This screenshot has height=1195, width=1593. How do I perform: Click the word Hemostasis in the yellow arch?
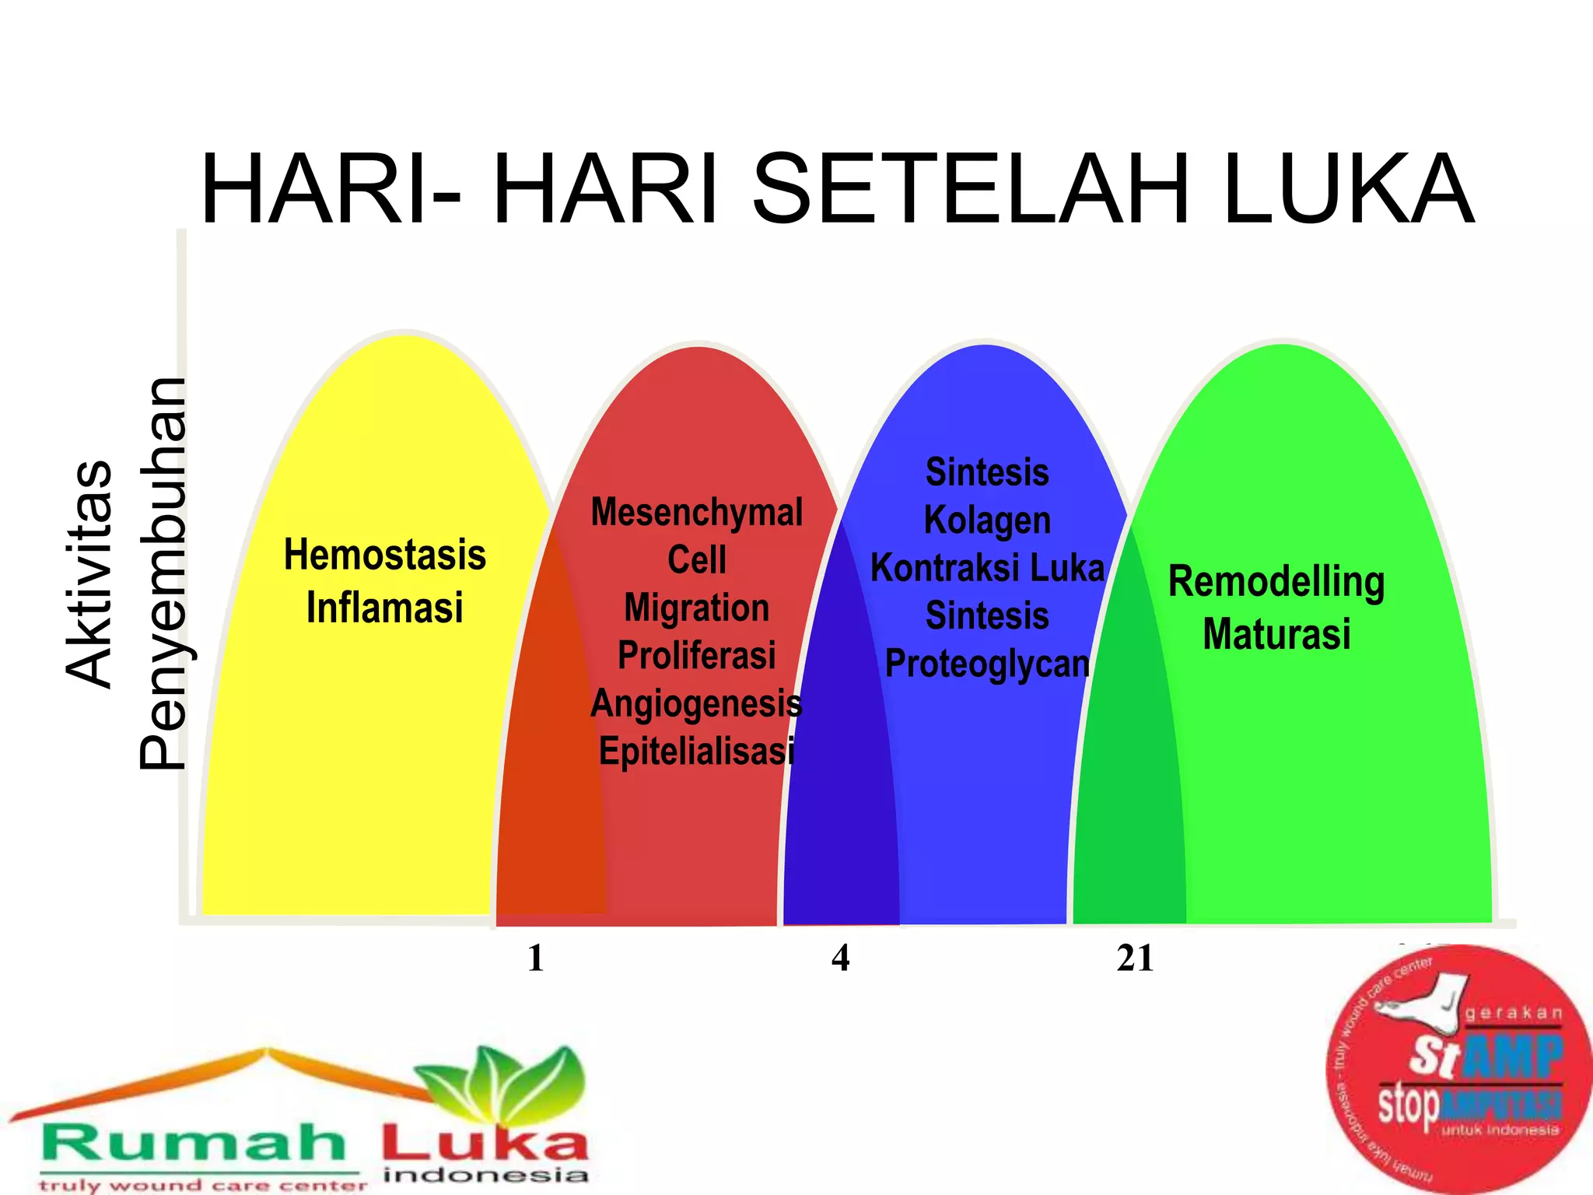tap(385, 555)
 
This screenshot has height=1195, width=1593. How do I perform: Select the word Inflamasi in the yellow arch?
tap(385, 608)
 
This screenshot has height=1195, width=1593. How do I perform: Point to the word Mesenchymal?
tap(697, 513)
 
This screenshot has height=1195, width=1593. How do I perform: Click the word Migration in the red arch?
tap(697, 608)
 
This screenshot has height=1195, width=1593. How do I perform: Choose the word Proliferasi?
tap(697, 655)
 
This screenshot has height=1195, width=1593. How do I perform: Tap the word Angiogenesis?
tap(697, 703)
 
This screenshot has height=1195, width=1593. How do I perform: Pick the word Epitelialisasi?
tap(697, 751)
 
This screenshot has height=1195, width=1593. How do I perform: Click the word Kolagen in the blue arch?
tap(987, 520)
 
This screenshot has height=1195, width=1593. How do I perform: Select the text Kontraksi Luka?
tap(987, 568)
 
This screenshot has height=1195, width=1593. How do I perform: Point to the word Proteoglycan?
tap(987, 664)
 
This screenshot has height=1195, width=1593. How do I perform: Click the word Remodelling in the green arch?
tap(1276, 582)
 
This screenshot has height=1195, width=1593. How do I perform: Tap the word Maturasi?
tap(1276, 633)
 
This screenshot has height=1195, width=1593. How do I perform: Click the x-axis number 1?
tap(535, 958)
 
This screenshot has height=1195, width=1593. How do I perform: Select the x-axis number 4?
tap(840, 958)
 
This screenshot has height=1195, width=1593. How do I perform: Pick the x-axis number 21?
tap(1135, 958)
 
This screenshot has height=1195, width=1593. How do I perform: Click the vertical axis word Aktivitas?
tap(89, 573)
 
